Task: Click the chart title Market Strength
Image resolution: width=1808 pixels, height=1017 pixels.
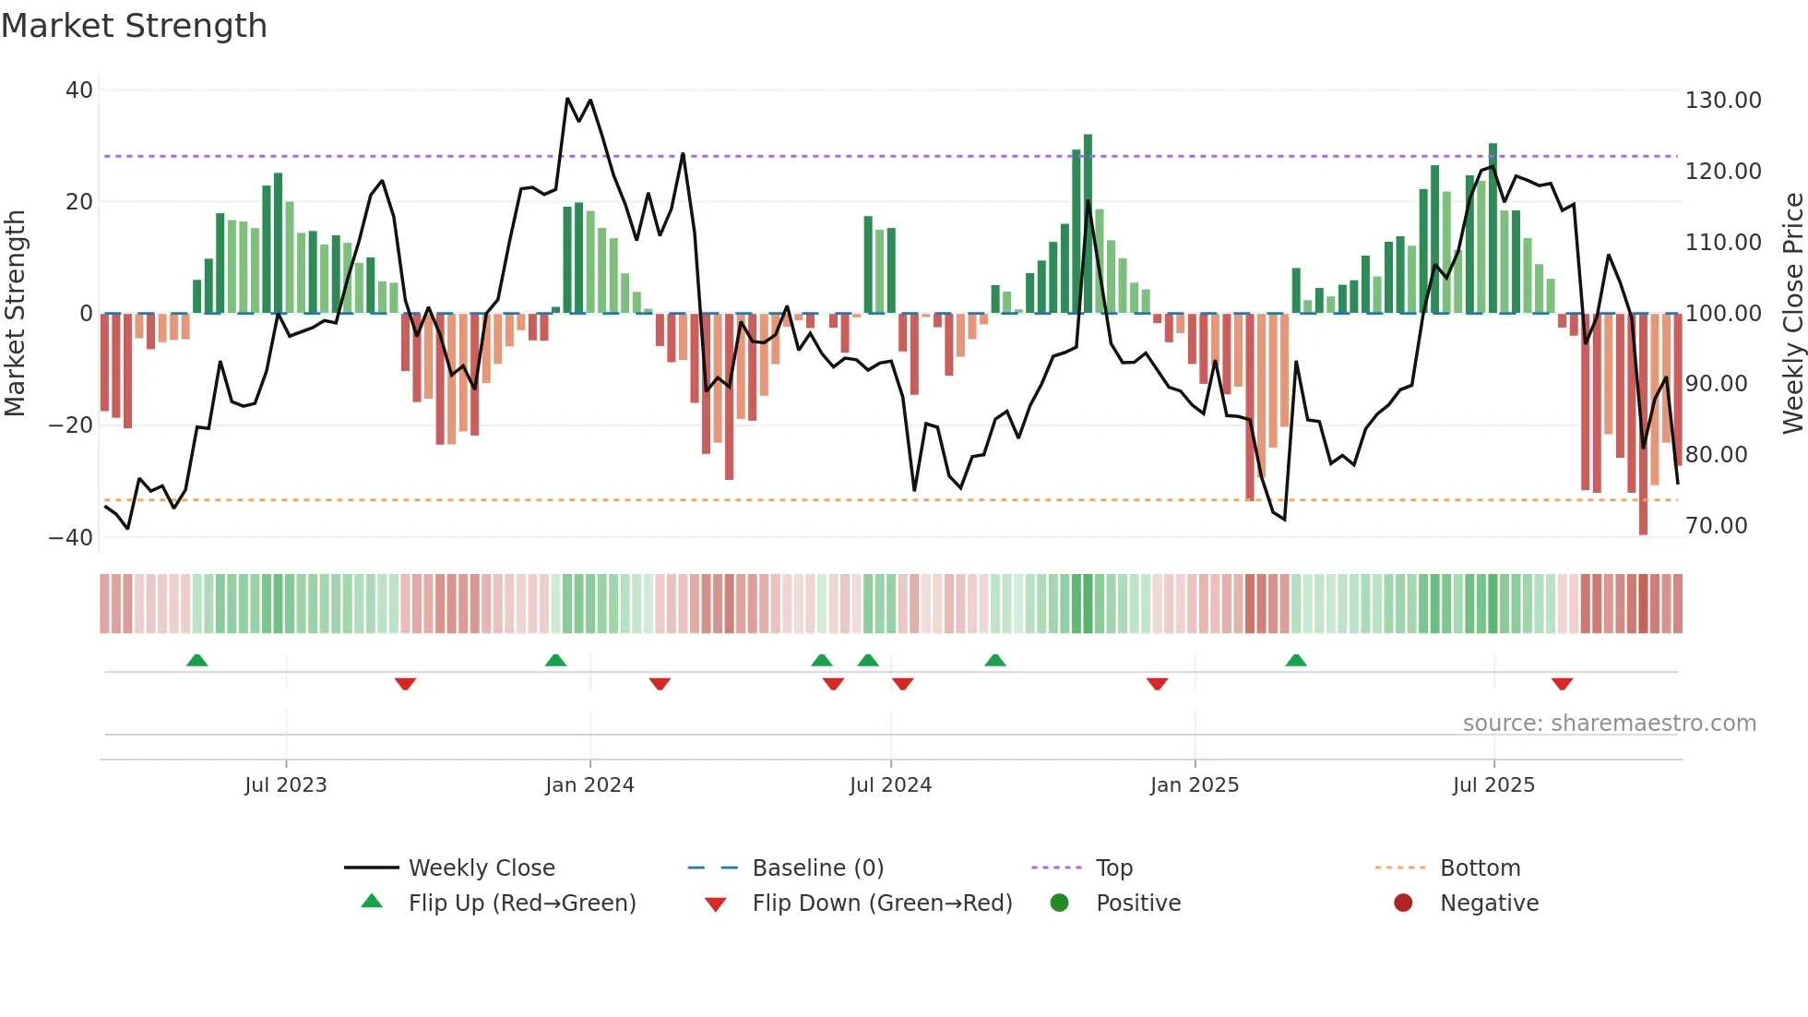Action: [134, 26]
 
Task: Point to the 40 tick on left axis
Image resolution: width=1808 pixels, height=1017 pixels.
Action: [79, 90]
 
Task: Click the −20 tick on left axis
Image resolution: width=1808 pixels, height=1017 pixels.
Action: [71, 425]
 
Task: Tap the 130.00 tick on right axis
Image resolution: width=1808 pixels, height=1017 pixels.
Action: [1722, 101]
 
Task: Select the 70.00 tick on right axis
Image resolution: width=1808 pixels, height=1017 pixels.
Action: [1716, 526]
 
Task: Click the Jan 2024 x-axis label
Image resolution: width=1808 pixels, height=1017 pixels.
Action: [589, 785]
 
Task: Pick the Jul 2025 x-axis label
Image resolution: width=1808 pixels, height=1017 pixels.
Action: [1493, 785]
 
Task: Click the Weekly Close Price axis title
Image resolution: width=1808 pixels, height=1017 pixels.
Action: [1792, 314]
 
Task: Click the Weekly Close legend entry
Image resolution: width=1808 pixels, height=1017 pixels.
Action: [481, 868]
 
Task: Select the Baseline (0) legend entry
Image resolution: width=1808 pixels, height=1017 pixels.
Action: [817, 868]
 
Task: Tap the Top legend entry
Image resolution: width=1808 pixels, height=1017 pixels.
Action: [1113, 868]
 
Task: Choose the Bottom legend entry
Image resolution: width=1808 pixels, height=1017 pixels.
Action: [1480, 868]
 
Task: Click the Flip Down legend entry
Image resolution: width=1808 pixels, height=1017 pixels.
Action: [881, 903]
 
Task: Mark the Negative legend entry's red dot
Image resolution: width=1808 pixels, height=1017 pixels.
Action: [1403, 903]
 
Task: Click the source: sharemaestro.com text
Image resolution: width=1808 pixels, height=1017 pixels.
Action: [1609, 724]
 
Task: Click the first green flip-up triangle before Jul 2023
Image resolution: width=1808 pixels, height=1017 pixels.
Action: [196, 661]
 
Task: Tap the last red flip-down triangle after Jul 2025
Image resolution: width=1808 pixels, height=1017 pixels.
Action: [1562, 684]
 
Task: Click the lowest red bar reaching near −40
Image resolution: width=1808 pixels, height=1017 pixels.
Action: [1643, 425]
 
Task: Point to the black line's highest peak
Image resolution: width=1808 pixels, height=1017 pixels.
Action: [567, 99]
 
